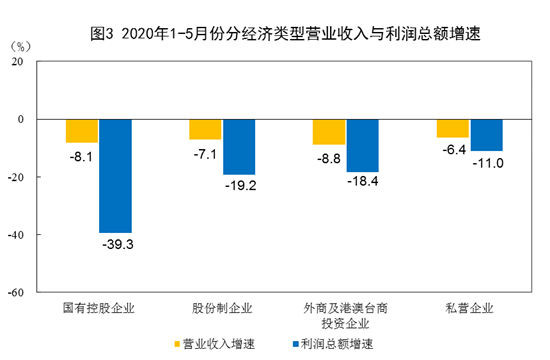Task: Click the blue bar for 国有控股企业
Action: (115, 176)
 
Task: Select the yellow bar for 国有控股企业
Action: (82, 131)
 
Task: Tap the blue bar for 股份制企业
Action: (239, 147)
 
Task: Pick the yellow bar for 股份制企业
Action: (205, 129)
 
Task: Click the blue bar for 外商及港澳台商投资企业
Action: (363, 146)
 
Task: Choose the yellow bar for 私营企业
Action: (453, 128)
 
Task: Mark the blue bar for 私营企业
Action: (487, 135)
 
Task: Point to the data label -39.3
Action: (118, 244)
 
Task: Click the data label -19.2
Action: (241, 185)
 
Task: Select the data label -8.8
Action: (329, 159)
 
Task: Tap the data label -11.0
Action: (488, 163)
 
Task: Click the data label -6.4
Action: (454, 150)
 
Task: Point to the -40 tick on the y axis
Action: (15, 235)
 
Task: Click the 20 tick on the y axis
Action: (17, 62)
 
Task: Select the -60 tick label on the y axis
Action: (15, 293)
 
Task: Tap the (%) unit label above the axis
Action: (21, 46)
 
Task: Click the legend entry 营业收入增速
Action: (214, 344)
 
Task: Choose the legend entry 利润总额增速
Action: (333, 344)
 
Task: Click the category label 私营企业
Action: (469, 308)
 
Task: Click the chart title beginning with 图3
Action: (285, 34)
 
